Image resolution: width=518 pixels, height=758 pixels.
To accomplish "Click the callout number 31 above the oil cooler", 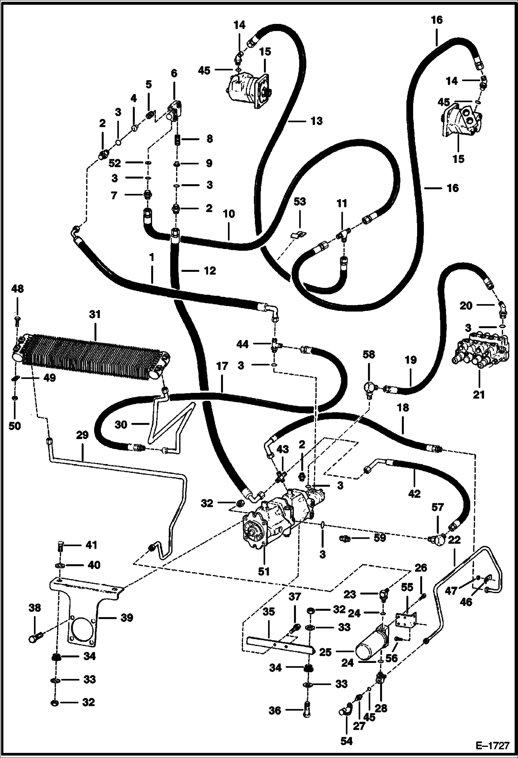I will click(95, 314).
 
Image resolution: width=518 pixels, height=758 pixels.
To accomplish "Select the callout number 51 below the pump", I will click(264, 571).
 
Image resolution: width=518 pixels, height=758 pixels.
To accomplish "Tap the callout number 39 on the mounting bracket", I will click(127, 617).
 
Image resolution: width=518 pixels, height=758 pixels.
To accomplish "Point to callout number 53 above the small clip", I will click(300, 201).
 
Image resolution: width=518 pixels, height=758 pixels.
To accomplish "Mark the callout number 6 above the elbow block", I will click(174, 73).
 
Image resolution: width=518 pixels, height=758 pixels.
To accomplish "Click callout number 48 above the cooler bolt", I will click(18, 288).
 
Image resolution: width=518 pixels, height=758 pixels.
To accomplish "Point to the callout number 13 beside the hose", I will click(316, 121).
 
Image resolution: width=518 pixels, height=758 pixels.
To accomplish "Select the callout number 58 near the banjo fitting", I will click(369, 354).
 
